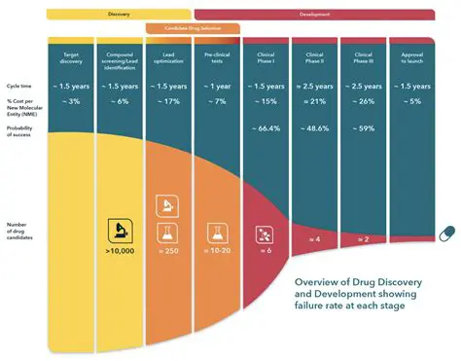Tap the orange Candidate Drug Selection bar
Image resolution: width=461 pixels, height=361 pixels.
[193, 28]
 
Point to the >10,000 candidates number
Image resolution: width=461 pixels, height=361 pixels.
[119, 250]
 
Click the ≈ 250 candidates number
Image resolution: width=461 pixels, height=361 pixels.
[167, 250]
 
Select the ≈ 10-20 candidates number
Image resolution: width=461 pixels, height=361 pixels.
[216, 250]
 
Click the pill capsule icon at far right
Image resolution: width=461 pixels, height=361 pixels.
[445, 234]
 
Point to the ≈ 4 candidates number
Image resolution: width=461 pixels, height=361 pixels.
[313, 239]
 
